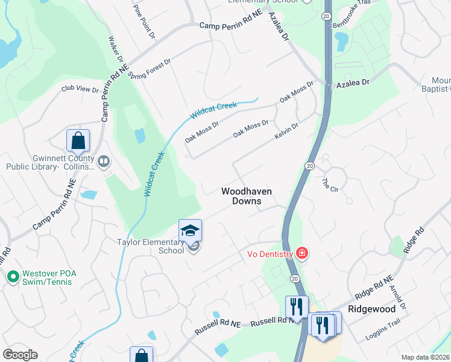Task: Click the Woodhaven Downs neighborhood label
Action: [x=246, y=196]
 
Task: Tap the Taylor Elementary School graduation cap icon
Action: [x=190, y=231]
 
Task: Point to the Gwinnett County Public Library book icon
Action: [x=104, y=161]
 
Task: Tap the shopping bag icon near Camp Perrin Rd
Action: [x=78, y=141]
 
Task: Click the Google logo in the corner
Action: [x=20, y=354]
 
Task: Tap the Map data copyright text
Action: [x=426, y=357]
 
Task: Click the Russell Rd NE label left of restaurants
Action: [x=217, y=328]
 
